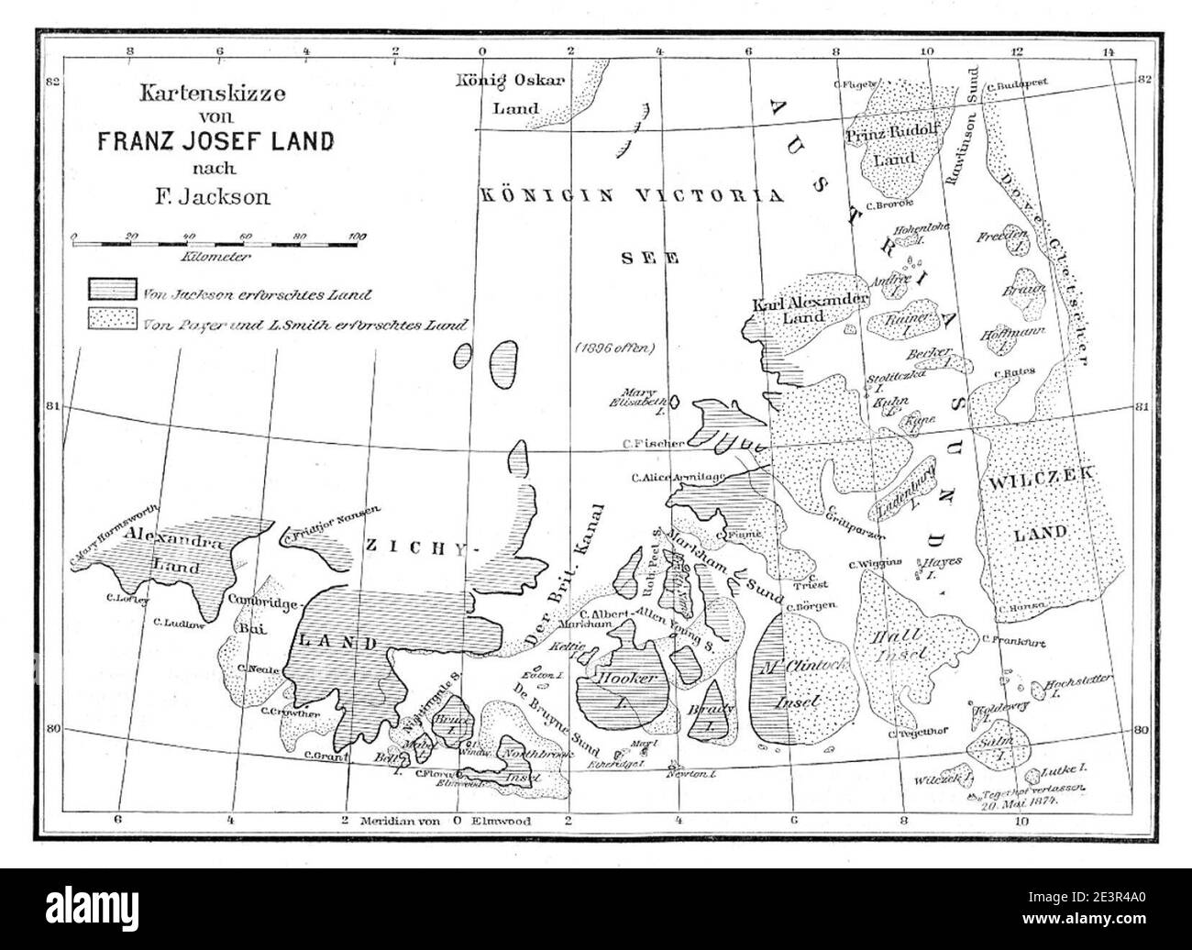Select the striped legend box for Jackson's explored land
[113, 290]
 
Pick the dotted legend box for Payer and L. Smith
[113, 320]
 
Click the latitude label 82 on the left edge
[52, 82]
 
